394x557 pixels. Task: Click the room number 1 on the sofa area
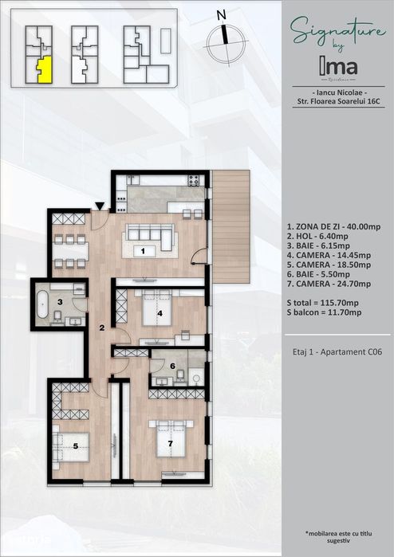(x=143, y=251)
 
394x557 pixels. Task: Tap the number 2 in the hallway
(x=102, y=328)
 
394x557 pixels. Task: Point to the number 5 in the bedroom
(x=76, y=446)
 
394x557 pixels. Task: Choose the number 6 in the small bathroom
(x=172, y=366)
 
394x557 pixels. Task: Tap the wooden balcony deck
(x=230, y=227)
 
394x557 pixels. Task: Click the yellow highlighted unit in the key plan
(x=45, y=69)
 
